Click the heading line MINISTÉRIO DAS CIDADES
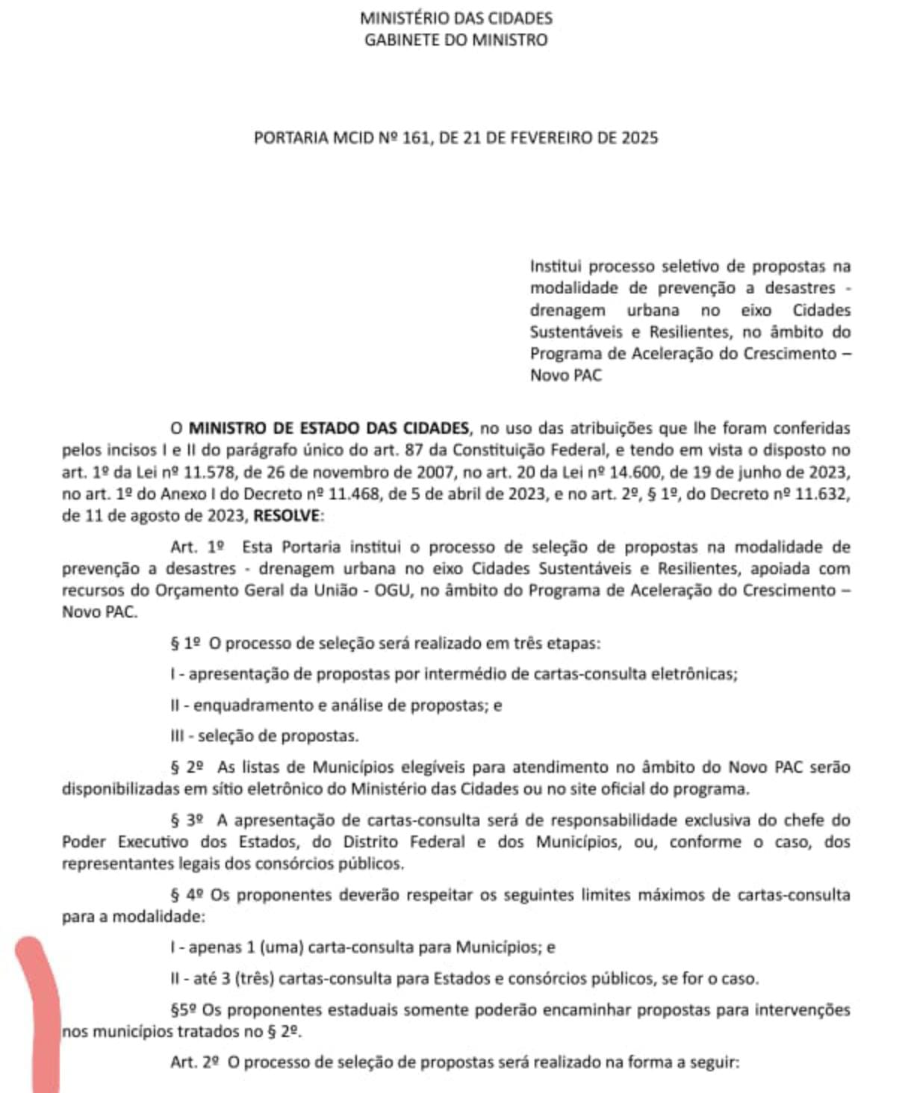pos(455,18)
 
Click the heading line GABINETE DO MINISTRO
pos(455,40)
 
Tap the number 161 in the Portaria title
pos(417,138)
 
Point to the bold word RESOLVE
pos(286,516)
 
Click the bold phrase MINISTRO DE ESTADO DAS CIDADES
pos(329,429)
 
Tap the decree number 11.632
pos(824,494)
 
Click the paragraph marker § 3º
pos(187,820)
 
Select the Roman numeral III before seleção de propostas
pos(177,736)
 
